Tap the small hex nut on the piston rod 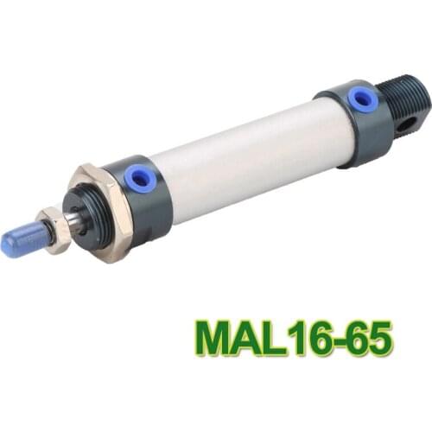(x=56, y=231)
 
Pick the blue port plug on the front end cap (x=137, y=179)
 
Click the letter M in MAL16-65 (x=213, y=338)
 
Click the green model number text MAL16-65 (x=295, y=338)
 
